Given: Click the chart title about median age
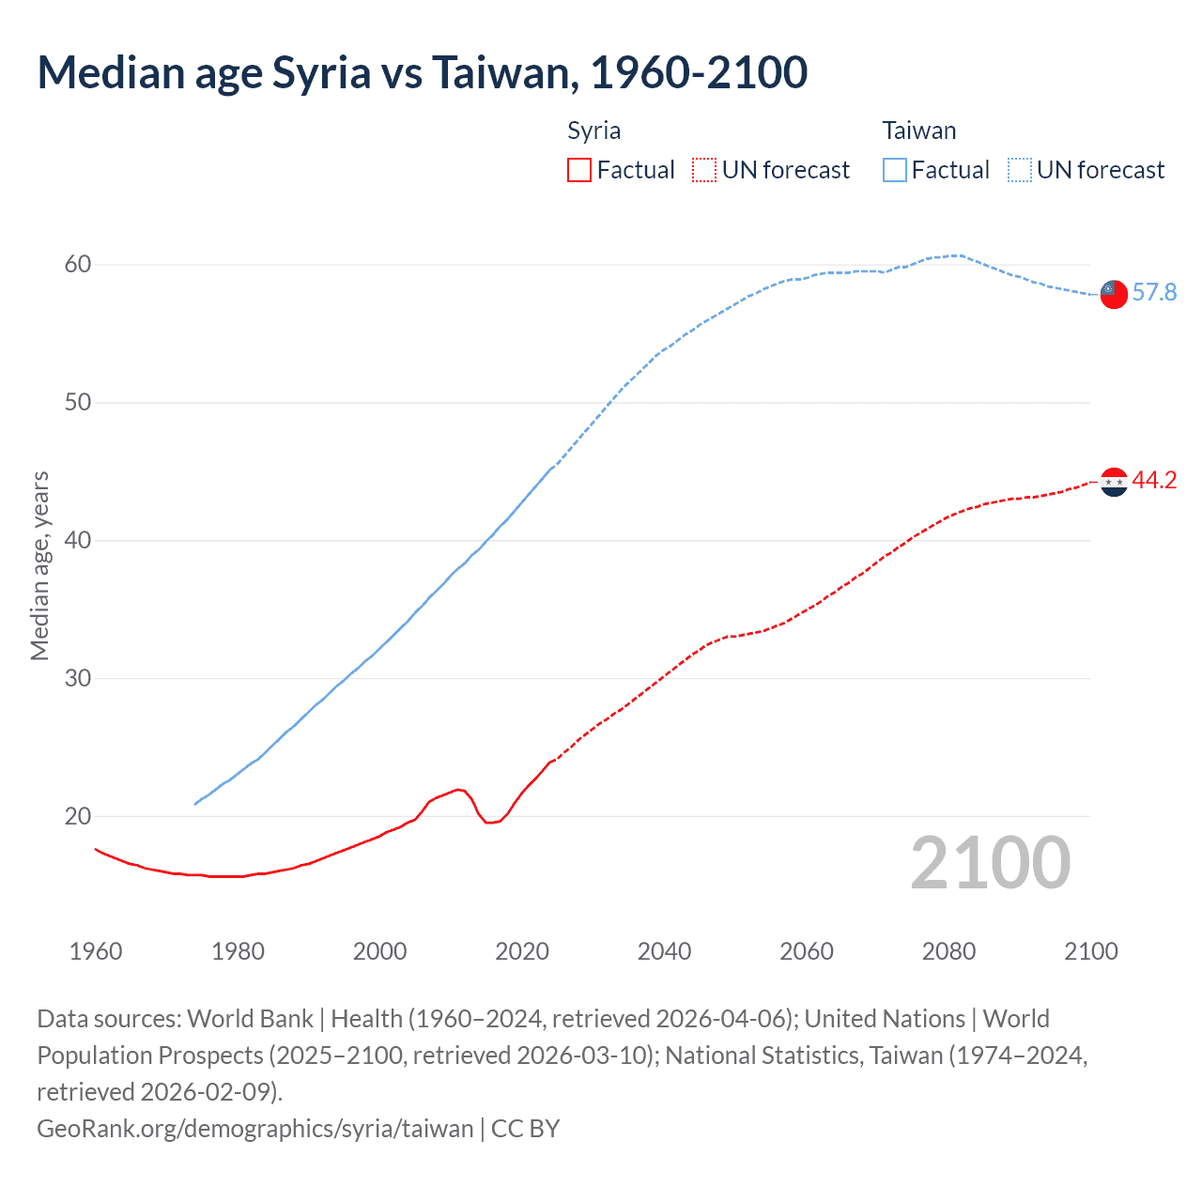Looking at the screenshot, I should coord(422,73).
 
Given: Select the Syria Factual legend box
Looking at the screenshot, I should coord(579,170).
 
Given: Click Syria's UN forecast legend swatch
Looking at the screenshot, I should coord(704,170).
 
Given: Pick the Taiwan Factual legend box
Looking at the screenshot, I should coord(895,170).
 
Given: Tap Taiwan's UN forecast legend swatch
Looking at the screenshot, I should coord(1020,170).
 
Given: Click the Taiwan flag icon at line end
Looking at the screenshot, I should coord(1113,294).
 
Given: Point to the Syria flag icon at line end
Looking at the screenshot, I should coord(1113,482).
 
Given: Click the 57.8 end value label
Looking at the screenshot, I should coord(1154,293).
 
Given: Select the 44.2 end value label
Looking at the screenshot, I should coord(1154,481).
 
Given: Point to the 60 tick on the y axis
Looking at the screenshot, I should coord(78,265).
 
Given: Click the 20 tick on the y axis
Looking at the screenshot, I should coord(78,816).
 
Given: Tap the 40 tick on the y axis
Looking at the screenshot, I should coord(78,541).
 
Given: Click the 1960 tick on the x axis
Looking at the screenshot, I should coord(96,951).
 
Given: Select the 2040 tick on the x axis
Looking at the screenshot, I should coord(664,951).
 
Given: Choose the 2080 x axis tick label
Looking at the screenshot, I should coord(948,951).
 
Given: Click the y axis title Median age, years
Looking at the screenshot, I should coord(39,566).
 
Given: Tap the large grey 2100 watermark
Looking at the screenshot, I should coord(990,863).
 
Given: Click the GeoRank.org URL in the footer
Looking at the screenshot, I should coord(254,1128).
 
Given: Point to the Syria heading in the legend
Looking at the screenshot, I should coord(593,131).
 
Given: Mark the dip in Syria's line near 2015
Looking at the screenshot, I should coord(490,822).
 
